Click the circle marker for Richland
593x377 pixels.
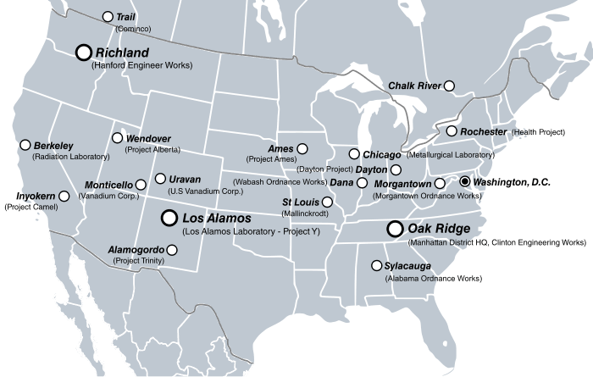[84, 53]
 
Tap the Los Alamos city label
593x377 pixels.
[217, 219]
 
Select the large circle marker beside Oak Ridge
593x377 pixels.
[394, 229]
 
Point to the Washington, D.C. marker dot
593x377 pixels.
[464, 181]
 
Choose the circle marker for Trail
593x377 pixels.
[108, 17]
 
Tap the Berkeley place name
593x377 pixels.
[55, 146]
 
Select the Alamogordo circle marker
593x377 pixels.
[173, 250]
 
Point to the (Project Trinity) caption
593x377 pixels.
[138, 261]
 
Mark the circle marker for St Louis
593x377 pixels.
[327, 202]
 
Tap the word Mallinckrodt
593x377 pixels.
[306, 213]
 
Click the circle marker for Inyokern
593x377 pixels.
[64, 197]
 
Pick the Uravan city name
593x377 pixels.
[185, 180]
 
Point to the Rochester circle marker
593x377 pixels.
[452, 131]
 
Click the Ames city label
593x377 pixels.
[280, 148]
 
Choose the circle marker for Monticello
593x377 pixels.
[141, 185]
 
